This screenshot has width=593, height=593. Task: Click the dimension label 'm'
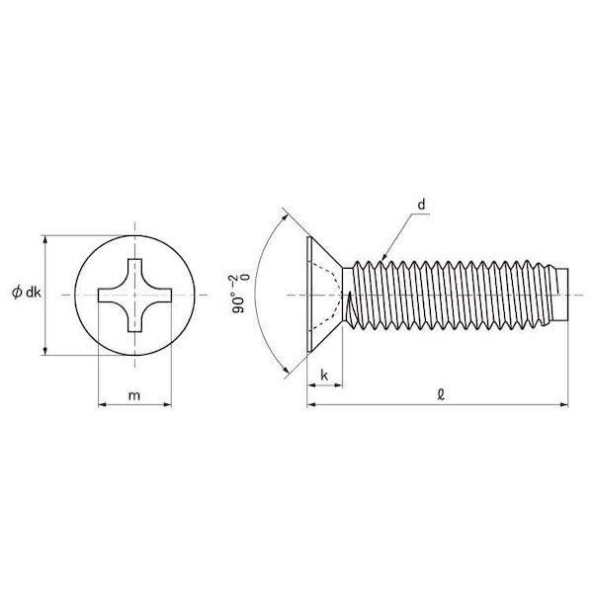tap(134, 395)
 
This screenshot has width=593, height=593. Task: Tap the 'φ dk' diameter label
tap(27, 293)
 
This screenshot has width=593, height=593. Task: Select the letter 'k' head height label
tap(324, 376)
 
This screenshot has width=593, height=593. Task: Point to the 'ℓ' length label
tap(440, 395)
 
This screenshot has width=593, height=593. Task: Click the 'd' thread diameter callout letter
tap(421, 205)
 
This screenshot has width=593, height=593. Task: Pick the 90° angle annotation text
tap(239, 295)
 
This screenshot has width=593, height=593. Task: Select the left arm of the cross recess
tap(110, 296)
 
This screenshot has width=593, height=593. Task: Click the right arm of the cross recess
tap(159, 296)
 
